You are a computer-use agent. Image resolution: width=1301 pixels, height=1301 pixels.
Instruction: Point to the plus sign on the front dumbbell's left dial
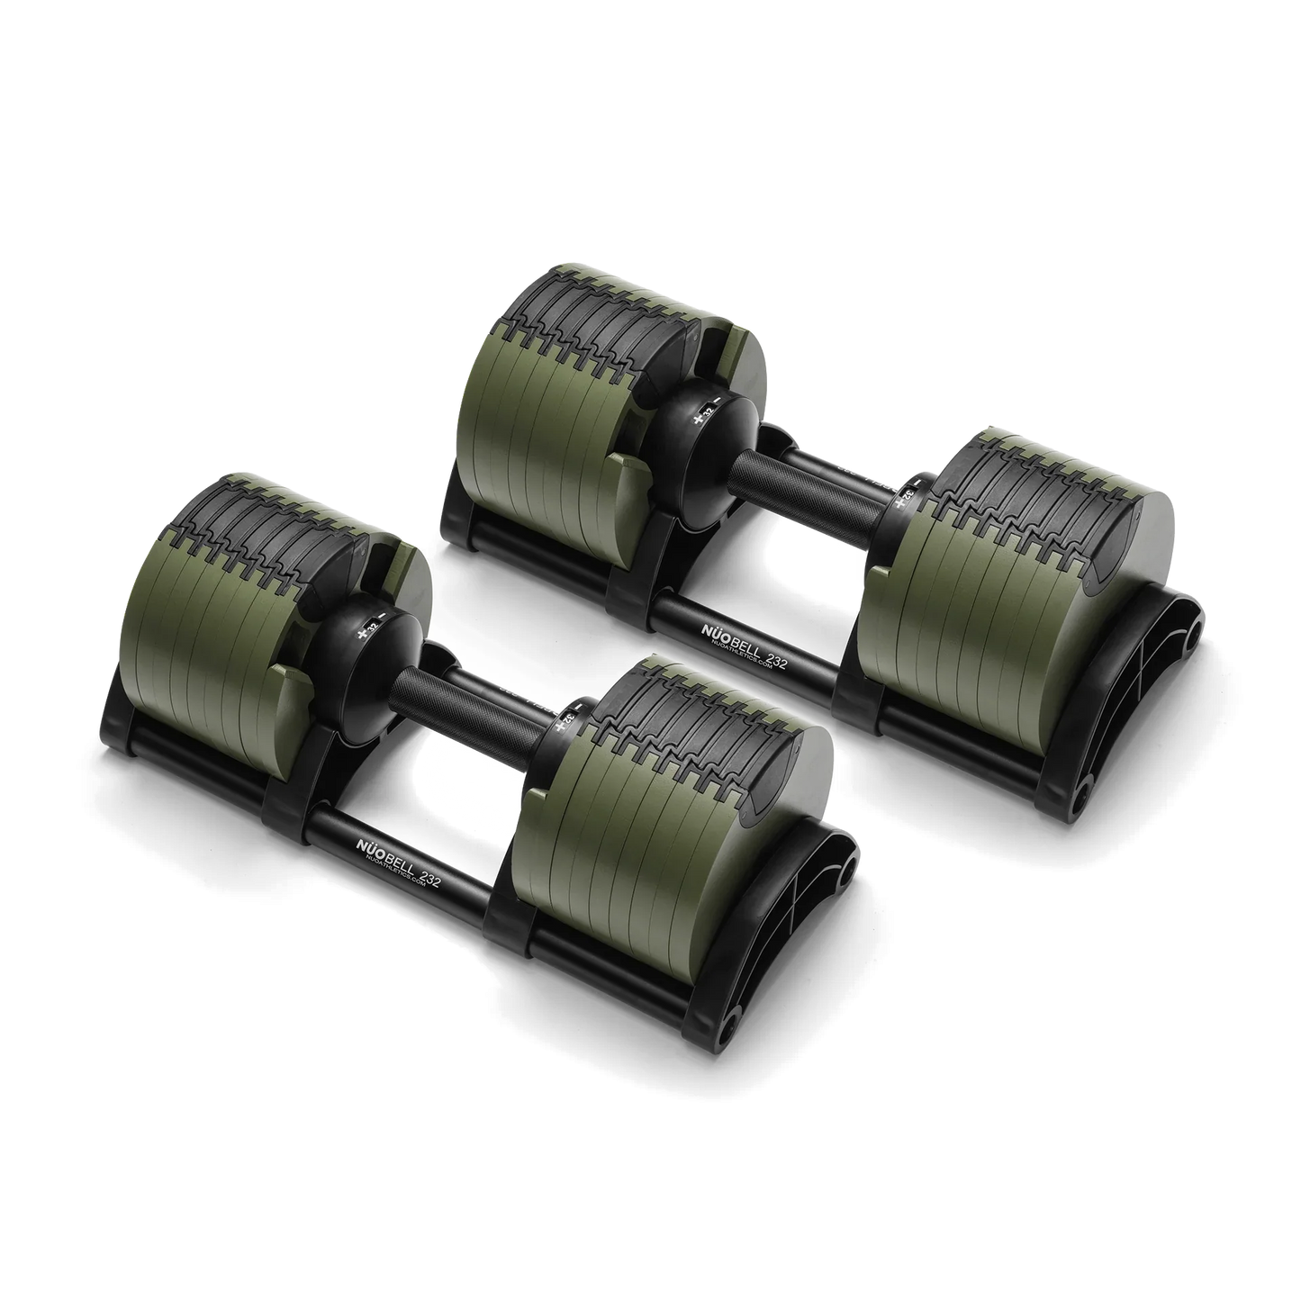point(363,633)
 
